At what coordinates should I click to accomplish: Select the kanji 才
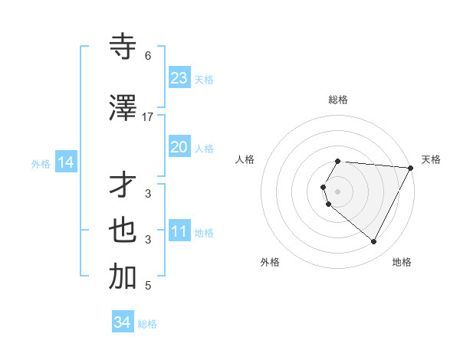(x=123, y=185)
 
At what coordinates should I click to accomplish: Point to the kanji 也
(x=123, y=231)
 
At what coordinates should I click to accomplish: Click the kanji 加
(x=123, y=277)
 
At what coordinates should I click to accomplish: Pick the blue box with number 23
(x=179, y=77)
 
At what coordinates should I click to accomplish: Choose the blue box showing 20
(x=179, y=148)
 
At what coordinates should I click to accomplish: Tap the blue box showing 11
(x=179, y=231)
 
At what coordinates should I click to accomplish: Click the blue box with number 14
(x=66, y=162)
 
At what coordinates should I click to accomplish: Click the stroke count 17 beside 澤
(x=148, y=117)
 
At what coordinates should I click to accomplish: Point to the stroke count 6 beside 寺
(x=148, y=56)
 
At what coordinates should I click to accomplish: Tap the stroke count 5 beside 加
(x=148, y=286)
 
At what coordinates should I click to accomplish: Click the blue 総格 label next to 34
(x=147, y=324)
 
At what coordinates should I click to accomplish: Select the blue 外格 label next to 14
(x=41, y=163)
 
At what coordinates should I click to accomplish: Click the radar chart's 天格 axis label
(x=431, y=159)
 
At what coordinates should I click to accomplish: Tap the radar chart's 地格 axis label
(x=402, y=262)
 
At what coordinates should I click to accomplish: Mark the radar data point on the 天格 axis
(x=410, y=168)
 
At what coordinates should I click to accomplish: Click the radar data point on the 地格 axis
(x=374, y=242)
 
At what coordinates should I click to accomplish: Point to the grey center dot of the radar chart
(x=338, y=191)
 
